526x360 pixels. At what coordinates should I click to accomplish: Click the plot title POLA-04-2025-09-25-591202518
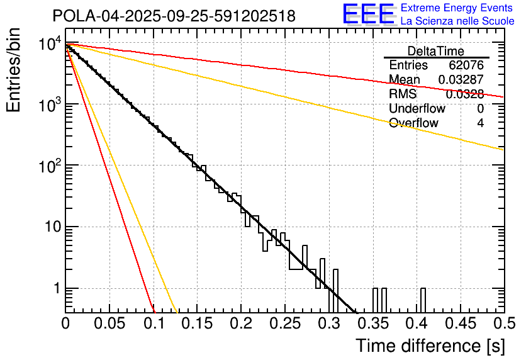point(174,16)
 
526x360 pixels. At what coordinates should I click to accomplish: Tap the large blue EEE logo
point(368,14)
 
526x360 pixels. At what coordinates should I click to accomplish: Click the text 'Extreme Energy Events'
point(457,8)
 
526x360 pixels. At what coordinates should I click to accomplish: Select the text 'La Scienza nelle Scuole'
point(457,21)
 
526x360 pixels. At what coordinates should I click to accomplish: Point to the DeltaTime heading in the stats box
point(436,51)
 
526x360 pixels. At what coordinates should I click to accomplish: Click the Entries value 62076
point(466,65)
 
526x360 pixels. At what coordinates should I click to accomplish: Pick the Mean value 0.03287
point(461,80)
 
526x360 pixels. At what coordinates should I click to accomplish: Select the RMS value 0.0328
point(464,94)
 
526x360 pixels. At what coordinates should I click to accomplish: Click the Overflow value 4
point(480,123)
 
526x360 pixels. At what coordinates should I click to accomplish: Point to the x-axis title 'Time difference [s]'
point(430,346)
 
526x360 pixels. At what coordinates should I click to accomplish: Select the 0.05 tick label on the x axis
point(109,323)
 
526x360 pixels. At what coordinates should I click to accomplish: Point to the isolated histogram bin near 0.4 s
point(423,300)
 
